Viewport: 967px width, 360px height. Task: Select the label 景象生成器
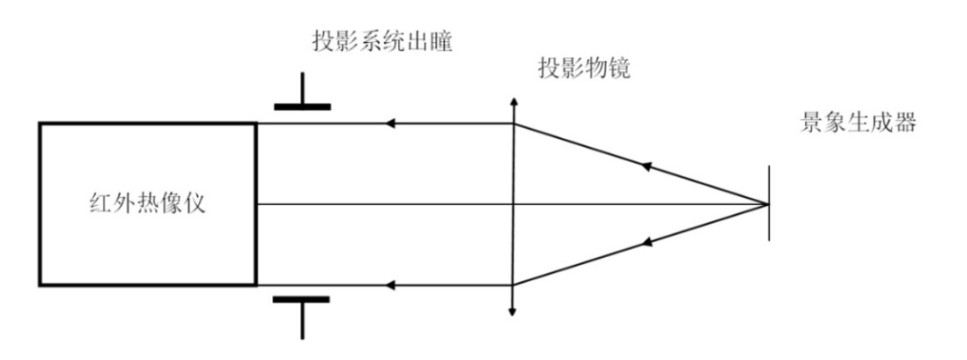click(858, 124)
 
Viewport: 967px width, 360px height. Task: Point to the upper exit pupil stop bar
click(302, 107)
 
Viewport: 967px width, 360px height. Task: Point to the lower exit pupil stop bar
click(302, 300)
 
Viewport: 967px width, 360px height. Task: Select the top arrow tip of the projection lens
click(512, 101)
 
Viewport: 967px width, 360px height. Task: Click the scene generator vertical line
click(768, 203)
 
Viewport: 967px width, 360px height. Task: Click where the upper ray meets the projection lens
click(512, 124)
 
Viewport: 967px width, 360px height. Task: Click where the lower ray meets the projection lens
click(512, 285)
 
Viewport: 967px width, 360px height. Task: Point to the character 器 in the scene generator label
click(905, 124)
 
